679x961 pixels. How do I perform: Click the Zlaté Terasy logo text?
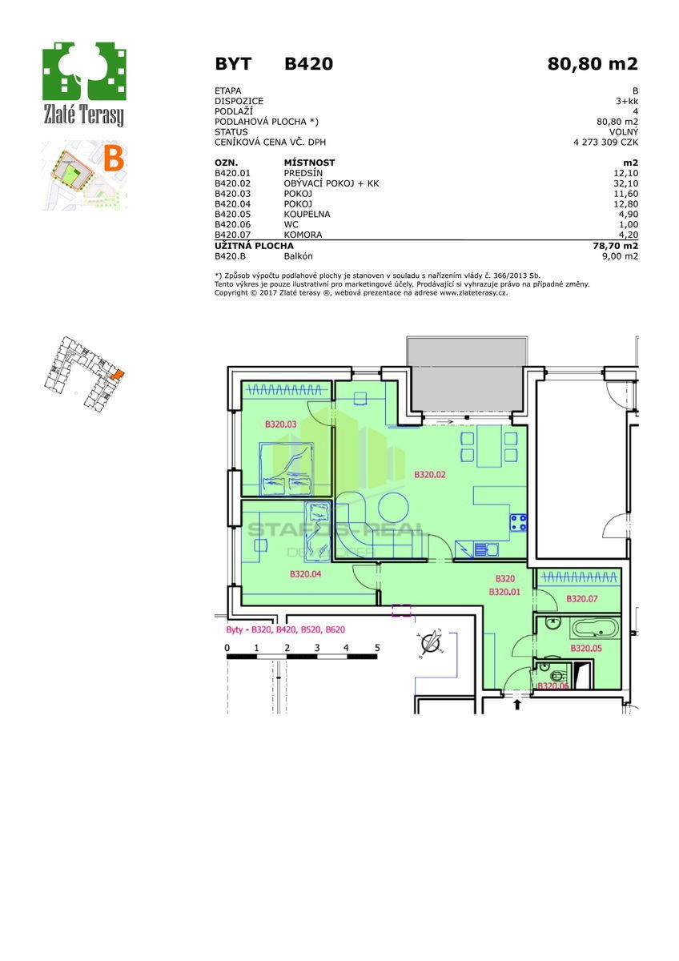[83, 115]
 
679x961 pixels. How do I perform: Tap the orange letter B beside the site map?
[114, 159]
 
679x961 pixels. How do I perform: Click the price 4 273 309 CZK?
[605, 142]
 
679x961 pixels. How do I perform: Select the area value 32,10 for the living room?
[626, 183]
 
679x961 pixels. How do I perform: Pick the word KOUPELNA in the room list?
[307, 214]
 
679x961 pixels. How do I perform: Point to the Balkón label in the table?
[298, 256]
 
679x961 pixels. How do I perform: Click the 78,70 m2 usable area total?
[614, 246]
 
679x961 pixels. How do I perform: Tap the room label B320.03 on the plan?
[280, 424]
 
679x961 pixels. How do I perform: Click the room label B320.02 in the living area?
[430, 474]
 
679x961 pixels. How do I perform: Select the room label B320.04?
[305, 574]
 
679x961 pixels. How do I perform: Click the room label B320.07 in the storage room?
[581, 598]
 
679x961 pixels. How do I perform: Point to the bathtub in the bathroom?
[594, 629]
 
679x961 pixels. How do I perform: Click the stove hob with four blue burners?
[518, 522]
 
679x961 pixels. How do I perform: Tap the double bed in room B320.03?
[286, 469]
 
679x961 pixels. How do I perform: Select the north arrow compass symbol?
[430, 643]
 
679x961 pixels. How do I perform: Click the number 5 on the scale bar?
[377, 647]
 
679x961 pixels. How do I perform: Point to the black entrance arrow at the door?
[517, 705]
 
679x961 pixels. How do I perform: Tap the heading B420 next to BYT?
[309, 64]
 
